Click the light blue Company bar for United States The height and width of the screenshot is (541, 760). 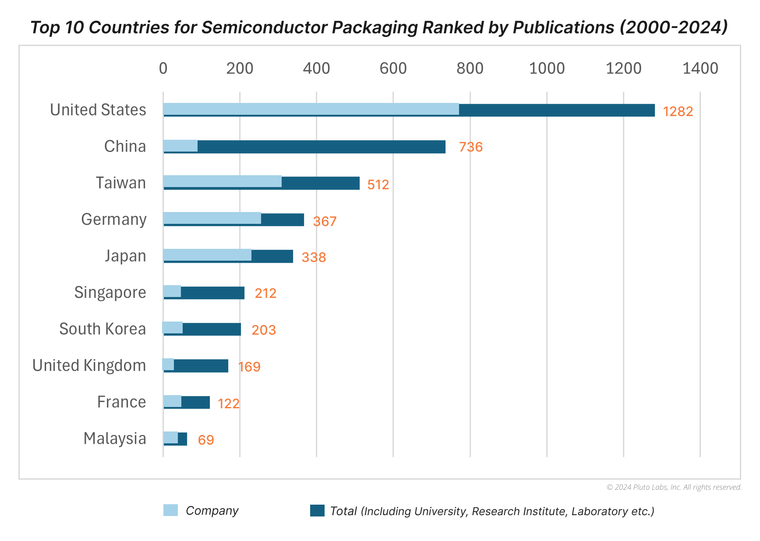point(311,109)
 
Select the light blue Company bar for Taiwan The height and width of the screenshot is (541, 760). point(222,181)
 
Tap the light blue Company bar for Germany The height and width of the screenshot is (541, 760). point(212,218)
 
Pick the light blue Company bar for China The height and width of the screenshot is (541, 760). point(180,146)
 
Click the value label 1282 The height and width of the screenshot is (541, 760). point(678,112)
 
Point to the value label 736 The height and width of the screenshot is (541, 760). point(470,147)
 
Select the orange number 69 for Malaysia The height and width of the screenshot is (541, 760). point(206,440)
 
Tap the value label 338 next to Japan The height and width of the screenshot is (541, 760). point(314,257)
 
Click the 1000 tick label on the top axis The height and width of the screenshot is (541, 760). point(547,68)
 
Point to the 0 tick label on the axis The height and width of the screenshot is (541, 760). point(163,68)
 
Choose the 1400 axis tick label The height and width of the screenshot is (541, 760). point(700,68)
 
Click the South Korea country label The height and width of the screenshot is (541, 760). point(103,329)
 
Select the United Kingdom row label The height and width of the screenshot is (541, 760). point(89,365)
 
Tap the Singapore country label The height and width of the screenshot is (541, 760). point(110,293)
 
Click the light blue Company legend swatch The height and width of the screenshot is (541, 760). point(170,510)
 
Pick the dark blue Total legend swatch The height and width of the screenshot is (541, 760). point(317,511)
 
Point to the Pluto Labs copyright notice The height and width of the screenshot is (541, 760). point(674,487)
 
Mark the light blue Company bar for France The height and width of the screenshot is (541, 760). point(172,401)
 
